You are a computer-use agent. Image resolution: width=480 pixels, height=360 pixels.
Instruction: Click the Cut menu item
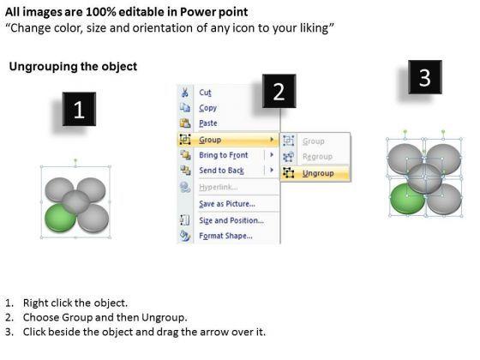pos(205,93)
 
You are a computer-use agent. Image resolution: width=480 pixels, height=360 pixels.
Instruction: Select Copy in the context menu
pos(207,108)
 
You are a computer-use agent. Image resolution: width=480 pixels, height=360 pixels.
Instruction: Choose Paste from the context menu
pos(208,123)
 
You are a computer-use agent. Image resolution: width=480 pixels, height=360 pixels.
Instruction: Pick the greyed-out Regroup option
pos(317,157)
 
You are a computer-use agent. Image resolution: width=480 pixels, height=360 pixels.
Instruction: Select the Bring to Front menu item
pos(224,155)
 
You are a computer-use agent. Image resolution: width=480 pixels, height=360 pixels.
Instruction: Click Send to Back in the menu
pos(221,171)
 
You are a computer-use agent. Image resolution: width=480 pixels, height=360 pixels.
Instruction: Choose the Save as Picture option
pos(227,204)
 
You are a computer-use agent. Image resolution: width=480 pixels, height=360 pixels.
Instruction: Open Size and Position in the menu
pos(231,220)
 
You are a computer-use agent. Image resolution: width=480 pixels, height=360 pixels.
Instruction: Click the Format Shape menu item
pos(225,236)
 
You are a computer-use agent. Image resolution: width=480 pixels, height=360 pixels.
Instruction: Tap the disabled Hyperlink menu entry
pos(218,187)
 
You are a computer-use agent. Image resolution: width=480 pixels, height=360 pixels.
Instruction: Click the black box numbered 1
pos(79,109)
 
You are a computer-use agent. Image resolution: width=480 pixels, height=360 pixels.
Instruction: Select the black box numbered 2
pos(279,91)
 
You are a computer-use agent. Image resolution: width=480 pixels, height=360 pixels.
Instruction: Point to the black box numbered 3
pos(425,77)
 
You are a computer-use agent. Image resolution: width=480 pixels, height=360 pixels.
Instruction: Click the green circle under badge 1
pos(59,218)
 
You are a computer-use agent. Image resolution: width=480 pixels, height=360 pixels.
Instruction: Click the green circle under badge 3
pos(406,199)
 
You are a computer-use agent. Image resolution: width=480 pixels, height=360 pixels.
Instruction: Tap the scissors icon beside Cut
pos(185,93)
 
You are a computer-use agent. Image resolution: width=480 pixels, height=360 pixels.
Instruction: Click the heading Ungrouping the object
pos(73,67)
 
